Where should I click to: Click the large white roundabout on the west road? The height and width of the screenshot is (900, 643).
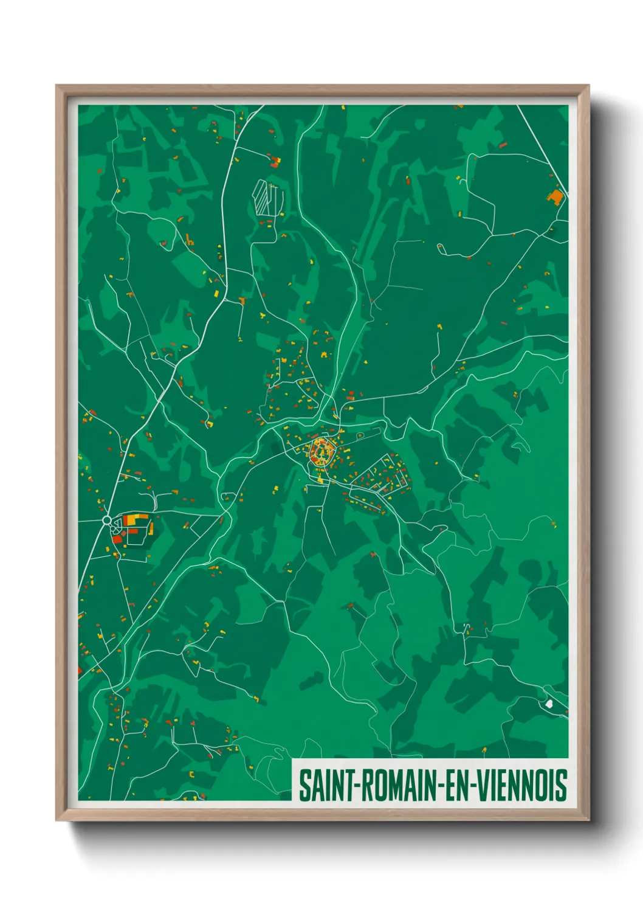(107, 520)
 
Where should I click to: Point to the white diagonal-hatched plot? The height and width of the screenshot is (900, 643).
(266, 196)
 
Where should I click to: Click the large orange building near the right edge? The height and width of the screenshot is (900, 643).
(555, 196)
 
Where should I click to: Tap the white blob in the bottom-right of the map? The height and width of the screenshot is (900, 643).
(549, 704)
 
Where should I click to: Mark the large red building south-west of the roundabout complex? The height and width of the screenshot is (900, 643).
(117, 538)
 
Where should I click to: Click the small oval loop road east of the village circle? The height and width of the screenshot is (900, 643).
(360, 436)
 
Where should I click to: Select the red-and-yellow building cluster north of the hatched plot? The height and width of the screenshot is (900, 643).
(275, 162)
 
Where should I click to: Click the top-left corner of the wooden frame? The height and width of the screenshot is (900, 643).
(57, 86)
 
